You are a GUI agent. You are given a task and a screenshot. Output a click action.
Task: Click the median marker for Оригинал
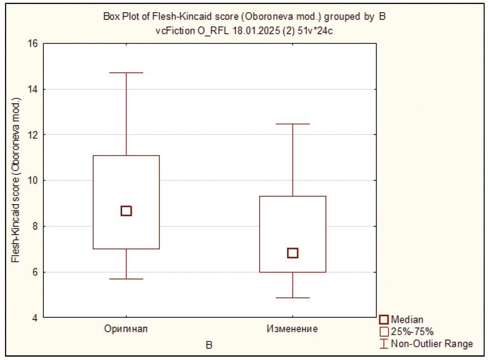tap(126, 211)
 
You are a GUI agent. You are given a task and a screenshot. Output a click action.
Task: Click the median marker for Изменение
tap(293, 253)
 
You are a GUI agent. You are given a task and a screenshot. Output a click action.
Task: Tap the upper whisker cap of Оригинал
tap(126, 73)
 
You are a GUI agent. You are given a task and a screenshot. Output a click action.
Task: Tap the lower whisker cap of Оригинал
tap(126, 278)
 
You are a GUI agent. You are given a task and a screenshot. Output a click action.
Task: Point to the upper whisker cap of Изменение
tap(293, 124)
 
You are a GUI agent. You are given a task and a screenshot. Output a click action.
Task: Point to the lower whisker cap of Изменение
tap(293, 298)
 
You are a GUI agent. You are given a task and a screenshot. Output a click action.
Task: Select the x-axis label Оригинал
tap(126, 329)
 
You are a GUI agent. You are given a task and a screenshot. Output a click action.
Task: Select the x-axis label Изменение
tap(293, 329)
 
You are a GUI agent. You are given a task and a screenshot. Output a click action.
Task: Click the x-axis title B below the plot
tap(209, 345)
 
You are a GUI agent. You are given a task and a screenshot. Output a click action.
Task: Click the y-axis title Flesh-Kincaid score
tap(16, 180)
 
